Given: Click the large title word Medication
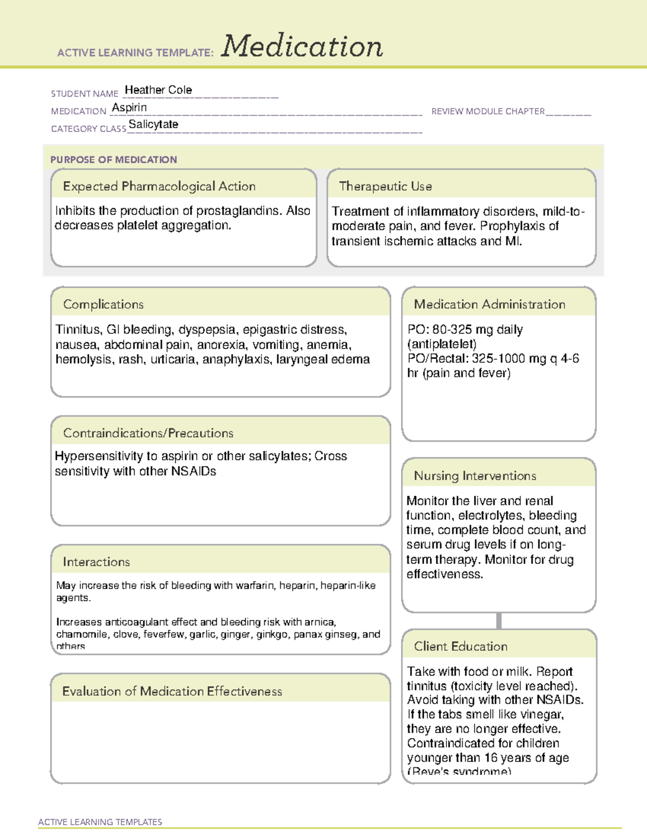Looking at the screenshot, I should coord(302,46).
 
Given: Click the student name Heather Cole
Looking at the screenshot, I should coord(158,90).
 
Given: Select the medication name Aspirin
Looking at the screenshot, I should coord(129,107).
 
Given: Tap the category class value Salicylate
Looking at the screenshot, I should coord(153,125).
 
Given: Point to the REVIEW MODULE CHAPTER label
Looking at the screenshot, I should coord(488,111).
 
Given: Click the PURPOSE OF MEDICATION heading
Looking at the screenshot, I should coord(114,160).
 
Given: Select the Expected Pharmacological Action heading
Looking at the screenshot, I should coord(159,186).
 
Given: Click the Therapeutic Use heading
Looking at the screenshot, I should coord(386,186).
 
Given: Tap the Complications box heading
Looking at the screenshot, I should coord(104,304).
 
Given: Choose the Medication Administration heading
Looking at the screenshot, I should coord(490,304).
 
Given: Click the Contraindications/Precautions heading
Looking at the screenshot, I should coord(148,433).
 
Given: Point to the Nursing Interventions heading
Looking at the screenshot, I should coord(475,475).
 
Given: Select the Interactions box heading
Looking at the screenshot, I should coord(97,562).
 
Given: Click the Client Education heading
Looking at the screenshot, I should coord(460,646).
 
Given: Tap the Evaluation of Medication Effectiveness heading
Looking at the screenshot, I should coord(172,691).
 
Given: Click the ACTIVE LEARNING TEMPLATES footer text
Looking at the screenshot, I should coord(100,822).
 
